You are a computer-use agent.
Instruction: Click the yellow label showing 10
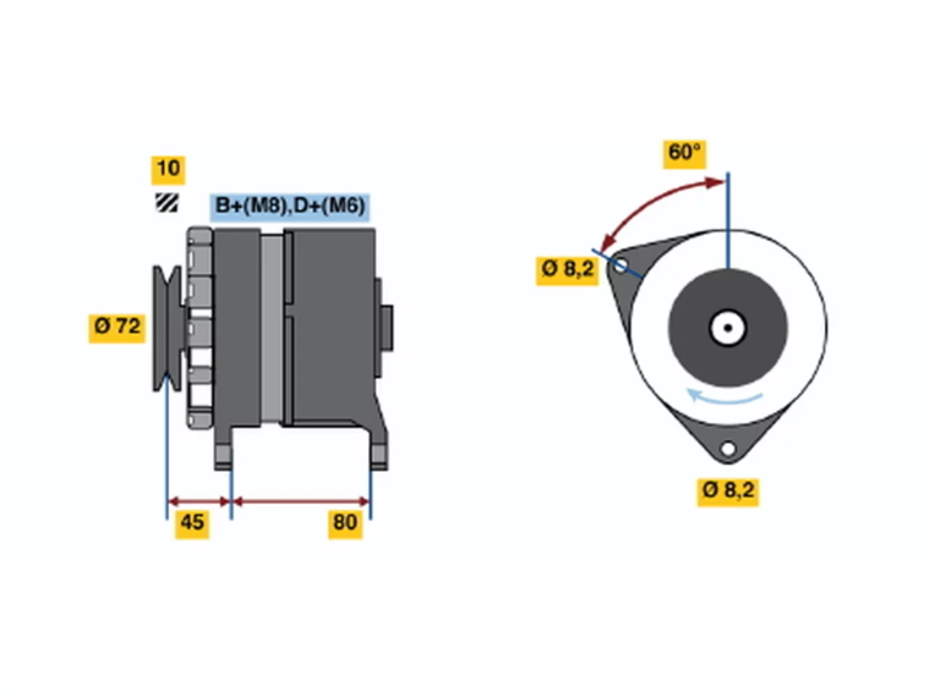pos(168,170)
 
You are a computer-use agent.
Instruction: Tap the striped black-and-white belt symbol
pos(167,203)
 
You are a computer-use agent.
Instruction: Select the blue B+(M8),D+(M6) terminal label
pos(290,207)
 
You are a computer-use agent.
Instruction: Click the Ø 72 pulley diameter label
pos(117,328)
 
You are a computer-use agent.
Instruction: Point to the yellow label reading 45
pos(192,524)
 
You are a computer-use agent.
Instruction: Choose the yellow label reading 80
pos(345,524)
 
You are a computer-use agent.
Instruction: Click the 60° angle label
pos(684,154)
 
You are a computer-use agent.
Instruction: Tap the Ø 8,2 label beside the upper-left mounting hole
pos(567,271)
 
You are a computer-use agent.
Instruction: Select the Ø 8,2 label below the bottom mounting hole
pos(728,492)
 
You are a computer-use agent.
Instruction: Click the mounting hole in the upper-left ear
pos(621,266)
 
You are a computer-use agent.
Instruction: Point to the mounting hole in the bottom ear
pos(728,449)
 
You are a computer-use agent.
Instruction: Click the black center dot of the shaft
pos(728,328)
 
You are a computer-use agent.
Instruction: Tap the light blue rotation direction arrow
pos(724,396)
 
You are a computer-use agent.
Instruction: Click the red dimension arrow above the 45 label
pos(199,502)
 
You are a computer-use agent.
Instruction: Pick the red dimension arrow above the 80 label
pos(301,502)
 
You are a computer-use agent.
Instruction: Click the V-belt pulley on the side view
pos(168,328)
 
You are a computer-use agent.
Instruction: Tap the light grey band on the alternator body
pos(271,328)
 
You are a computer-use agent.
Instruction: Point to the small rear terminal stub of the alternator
pos(386,328)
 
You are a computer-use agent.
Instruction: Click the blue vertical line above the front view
pos(729,221)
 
